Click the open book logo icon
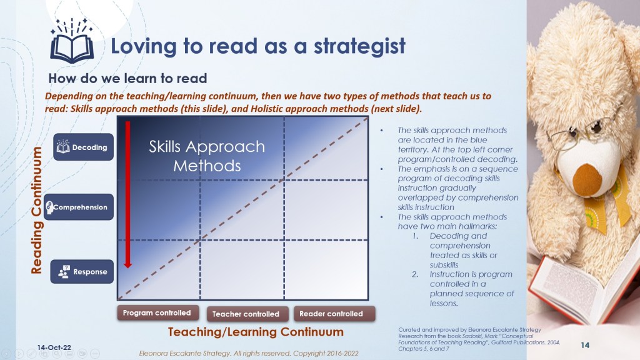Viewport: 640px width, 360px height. [72, 41]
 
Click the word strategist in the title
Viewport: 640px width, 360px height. [359, 46]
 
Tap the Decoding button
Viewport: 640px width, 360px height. [83, 147]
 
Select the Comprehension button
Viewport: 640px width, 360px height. [79, 207]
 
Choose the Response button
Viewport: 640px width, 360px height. [82, 271]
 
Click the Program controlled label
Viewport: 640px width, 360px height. [157, 313]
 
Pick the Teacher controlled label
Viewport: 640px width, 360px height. [246, 314]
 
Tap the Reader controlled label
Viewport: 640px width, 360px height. [331, 314]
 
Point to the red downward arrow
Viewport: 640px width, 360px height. [127, 194]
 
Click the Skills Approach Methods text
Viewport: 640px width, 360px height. [207, 156]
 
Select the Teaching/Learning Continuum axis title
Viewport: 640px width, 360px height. [256, 332]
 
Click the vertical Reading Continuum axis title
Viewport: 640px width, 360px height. [37, 210]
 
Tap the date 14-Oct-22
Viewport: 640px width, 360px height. [54, 347]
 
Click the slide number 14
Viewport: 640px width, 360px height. [585, 345]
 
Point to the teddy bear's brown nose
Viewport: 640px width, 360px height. [587, 179]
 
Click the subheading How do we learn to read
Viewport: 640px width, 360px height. [127, 78]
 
